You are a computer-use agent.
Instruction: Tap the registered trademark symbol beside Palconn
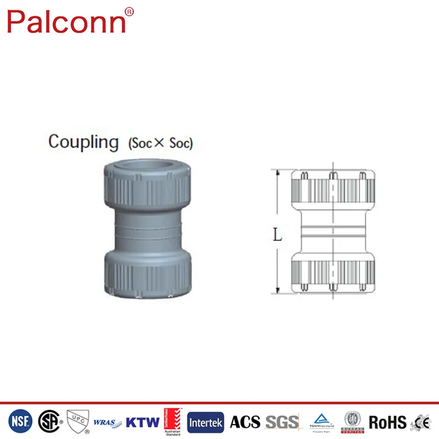coord(129,11)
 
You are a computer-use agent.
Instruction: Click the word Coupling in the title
coord(83,142)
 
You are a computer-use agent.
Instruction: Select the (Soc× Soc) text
coord(160,144)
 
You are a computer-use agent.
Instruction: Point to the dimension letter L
coord(278,236)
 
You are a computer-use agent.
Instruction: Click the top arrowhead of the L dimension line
coord(278,173)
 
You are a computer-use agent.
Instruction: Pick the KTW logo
coord(143,423)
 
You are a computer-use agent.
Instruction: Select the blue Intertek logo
coord(206,423)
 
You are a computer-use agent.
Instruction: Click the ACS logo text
coord(245,422)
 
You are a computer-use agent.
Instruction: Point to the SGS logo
coord(282,422)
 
